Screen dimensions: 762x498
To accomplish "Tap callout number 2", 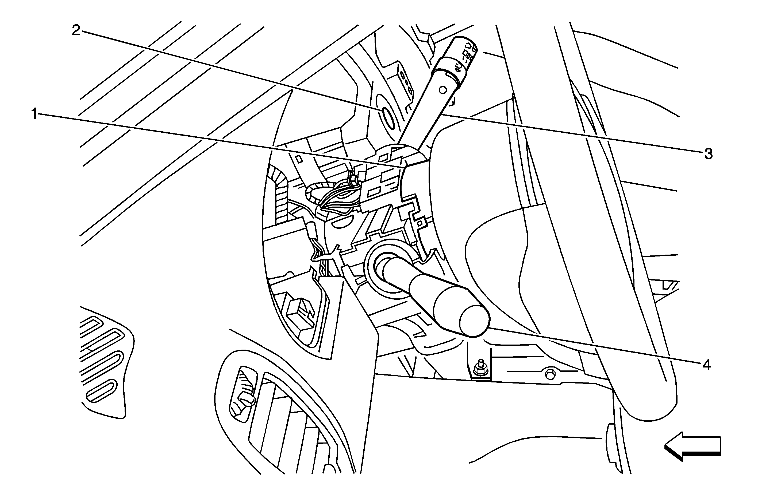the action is click(x=76, y=31).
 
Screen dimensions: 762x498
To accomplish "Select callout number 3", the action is click(x=708, y=154).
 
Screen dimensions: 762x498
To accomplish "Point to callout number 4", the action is click(x=707, y=365).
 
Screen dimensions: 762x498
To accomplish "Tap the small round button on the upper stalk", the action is click(x=443, y=90).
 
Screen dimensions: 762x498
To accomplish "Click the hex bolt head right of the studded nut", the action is click(x=549, y=374).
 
